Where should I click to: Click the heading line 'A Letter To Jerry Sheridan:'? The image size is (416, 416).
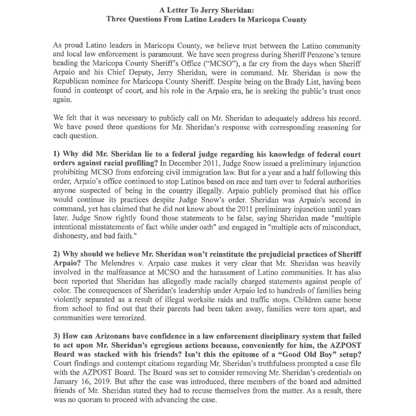[x=207, y=10]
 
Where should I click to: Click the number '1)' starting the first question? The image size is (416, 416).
[x=57, y=154]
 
